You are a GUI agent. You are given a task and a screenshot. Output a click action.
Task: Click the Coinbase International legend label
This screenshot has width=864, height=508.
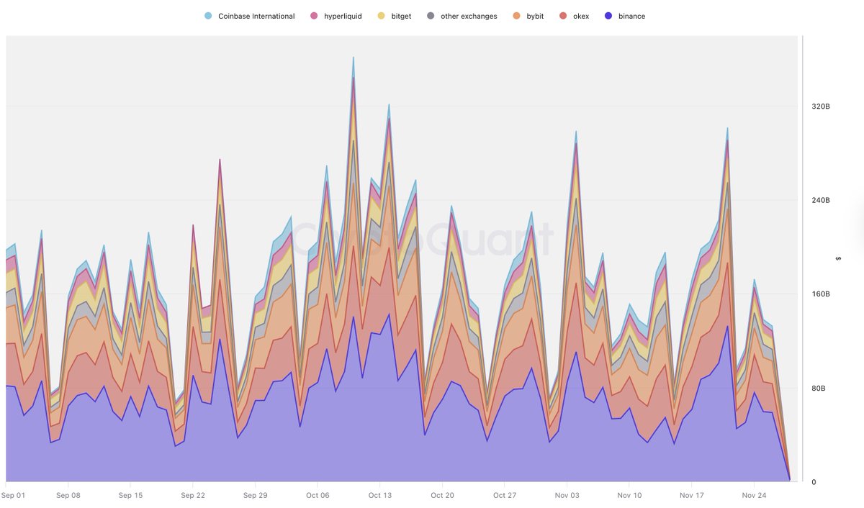[256, 16]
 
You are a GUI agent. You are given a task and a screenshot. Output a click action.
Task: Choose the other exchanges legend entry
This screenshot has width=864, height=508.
[468, 16]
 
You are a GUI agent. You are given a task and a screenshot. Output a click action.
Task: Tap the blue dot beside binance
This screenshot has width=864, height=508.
[609, 16]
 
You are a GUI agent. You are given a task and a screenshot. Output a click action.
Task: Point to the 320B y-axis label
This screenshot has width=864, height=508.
[821, 106]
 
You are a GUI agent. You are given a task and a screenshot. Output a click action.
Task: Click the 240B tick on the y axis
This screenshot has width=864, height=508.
[821, 201]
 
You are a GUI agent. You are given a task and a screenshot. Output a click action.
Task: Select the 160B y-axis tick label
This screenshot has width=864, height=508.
[821, 294]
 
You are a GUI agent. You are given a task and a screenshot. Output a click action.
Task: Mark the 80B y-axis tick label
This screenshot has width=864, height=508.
[819, 389]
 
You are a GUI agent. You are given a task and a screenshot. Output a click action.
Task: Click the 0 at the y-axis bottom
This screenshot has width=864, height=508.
[814, 482]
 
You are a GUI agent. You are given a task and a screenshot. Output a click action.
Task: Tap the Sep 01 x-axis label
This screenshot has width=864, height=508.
[14, 495]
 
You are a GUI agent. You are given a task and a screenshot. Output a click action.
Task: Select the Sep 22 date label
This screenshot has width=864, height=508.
[193, 495]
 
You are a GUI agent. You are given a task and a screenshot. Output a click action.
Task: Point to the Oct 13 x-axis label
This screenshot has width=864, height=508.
[379, 495]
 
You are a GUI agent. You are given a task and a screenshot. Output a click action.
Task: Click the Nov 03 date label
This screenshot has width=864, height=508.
[567, 495]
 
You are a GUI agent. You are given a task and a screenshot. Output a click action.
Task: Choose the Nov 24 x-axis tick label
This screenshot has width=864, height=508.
[754, 495]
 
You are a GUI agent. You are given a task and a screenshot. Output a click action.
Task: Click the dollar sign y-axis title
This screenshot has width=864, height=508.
[838, 258]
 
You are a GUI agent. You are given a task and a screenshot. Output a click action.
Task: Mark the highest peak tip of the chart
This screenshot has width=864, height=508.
[353, 57]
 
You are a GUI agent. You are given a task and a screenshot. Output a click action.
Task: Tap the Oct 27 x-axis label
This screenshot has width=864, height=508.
[505, 495]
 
